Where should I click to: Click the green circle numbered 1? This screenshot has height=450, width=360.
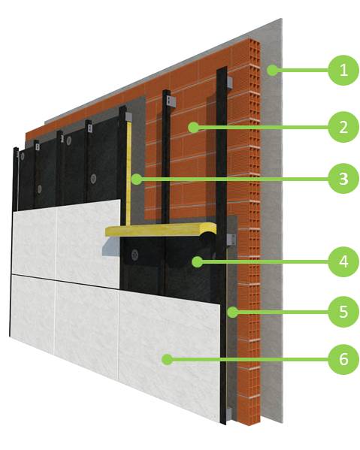pyautogui.click(x=343, y=70)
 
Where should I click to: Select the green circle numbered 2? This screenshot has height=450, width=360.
pyautogui.click(x=343, y=127)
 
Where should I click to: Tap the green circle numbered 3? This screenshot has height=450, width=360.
pyautogui.click(x=343, y=179)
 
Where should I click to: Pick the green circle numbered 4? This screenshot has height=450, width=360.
pyautogui.click(x=343, y=261)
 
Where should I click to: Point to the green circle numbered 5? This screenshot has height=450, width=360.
pyautogui.click(x=343, y=312)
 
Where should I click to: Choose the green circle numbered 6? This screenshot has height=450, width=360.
pyautogui.click(x=343, y=359)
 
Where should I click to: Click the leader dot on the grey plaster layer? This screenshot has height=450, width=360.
pyautogui.click(x=272, y=70)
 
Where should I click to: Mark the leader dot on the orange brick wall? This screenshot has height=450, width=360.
pyautogui.click(x=194, y=127)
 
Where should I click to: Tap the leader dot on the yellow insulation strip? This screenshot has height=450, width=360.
pyautogui.click(x=137, y=179)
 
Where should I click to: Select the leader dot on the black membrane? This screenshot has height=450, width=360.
pyautogui.click(x=197, y=261)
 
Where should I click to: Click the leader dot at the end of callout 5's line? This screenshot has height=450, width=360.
pyautogui.click(x=232, y=312)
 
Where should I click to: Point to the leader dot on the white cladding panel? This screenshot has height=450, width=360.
pyautogui.click(x=168, y=359)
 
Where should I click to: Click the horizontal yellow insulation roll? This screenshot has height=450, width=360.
pyautogui.click(x=161, y=230)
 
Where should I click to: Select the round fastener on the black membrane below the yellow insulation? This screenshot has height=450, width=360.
pyautogui.click(x=135, y=255)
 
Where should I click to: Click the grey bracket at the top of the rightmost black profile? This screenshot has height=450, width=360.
pyautogui.click(x=229, y=83)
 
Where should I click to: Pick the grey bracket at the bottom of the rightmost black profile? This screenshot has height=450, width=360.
pyautogui.click(x=228, y=414)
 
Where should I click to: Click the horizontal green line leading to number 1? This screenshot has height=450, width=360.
pyautogui.click(x=303, y=70)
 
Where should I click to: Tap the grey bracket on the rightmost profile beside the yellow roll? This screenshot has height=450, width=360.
pyautogui.click(x=231, y=240)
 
